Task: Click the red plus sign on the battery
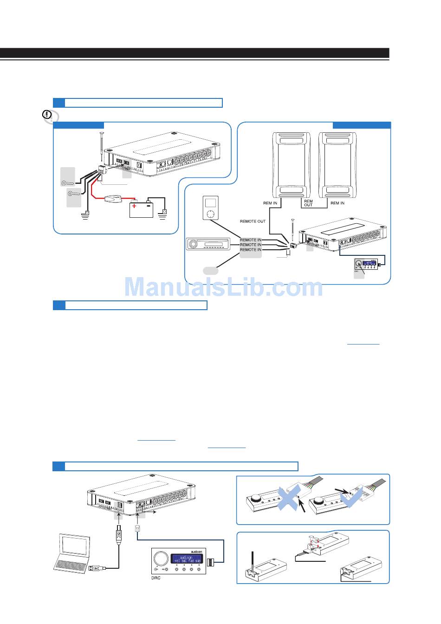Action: [x=135, y=206]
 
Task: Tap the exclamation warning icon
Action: [x=47, y=114]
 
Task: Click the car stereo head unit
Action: [x=209, y=244]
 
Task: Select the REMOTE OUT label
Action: [x=253, y=221]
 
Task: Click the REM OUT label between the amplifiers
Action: [x=308, y=203]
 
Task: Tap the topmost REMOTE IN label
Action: [x=251, y=240]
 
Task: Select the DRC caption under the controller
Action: [x=156, y=578]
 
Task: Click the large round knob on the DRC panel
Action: [x=161, y=557]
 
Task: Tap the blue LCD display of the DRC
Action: [x=186, y=559]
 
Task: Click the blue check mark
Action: [x=351, y=499]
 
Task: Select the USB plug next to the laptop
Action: [x=96, y=567]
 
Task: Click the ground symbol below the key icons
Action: [x=85, y=215]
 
